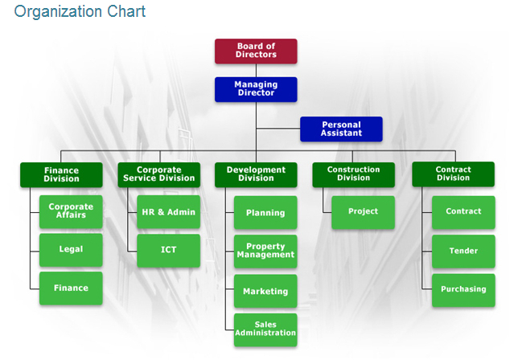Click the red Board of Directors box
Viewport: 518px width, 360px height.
[256, 51]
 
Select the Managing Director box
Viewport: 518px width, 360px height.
[256, 89]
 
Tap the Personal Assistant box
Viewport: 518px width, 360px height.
[341, 129]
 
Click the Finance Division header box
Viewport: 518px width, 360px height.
[61, 174]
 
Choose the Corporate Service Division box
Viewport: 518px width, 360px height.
[159, 174]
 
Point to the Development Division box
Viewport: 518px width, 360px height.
[256, 174]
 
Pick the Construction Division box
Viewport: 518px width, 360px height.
[353, 174]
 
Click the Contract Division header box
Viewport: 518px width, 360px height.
[454, 174]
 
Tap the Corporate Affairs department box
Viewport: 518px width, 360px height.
[71, 212]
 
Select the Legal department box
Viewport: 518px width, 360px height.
[71, 250]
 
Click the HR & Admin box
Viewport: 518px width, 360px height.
[168, 212]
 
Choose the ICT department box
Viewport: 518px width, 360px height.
[168, 251]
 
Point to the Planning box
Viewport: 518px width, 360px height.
[265, 212]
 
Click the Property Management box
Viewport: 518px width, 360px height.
[265, 252]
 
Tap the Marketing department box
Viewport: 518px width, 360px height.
[265, 291]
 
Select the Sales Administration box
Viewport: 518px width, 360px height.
[265, 330]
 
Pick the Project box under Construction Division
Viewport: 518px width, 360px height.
[363, 212]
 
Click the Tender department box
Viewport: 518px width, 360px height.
[463, 252]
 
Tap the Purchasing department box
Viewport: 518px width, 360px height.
[463, 290]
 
